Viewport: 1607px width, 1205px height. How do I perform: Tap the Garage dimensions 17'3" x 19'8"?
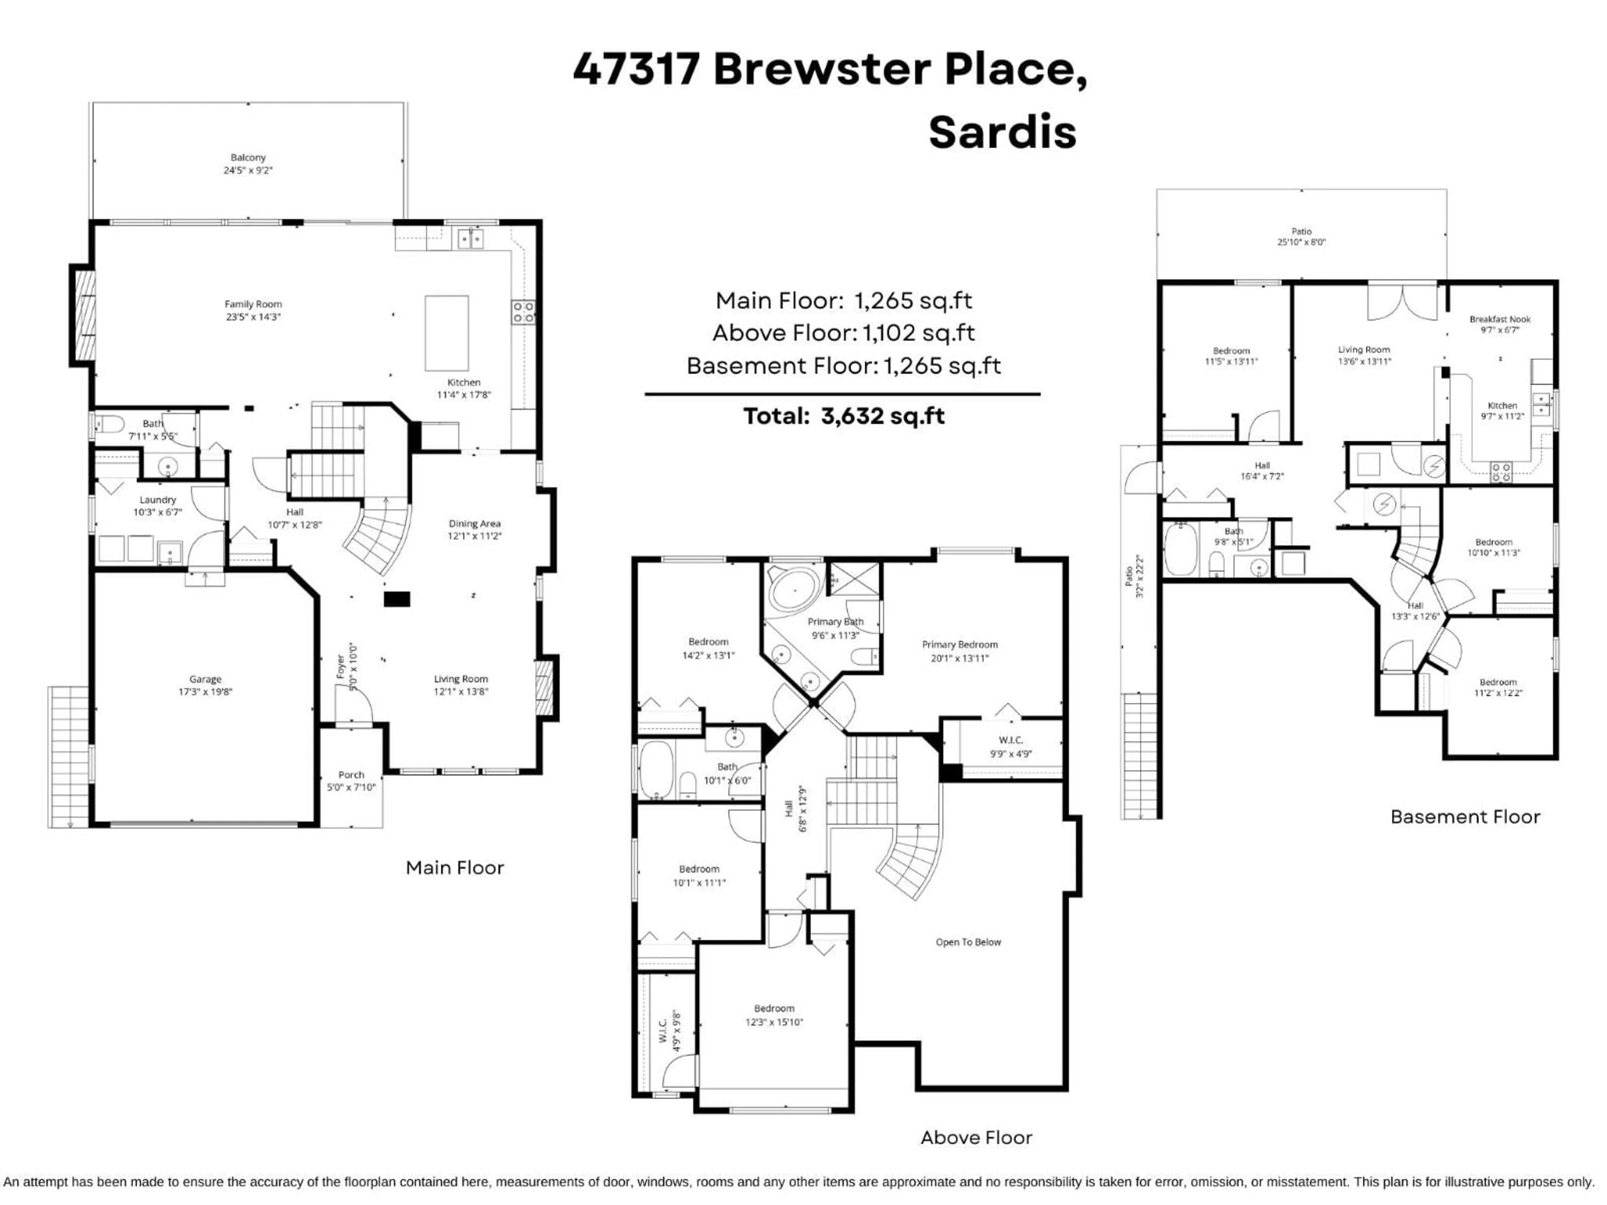click(x=205, y=692)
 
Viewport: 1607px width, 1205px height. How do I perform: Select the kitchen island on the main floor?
click(x=446, y=333)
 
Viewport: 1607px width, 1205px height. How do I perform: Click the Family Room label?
click(x=253, y=304)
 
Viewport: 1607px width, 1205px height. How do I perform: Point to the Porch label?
click(x=351, y=775)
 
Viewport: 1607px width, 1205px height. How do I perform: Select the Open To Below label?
click(x=968, y=942)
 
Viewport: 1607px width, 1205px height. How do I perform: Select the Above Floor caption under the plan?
click(x=975, y=1138)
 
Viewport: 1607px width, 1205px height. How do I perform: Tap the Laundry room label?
click(x=158, y=500)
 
